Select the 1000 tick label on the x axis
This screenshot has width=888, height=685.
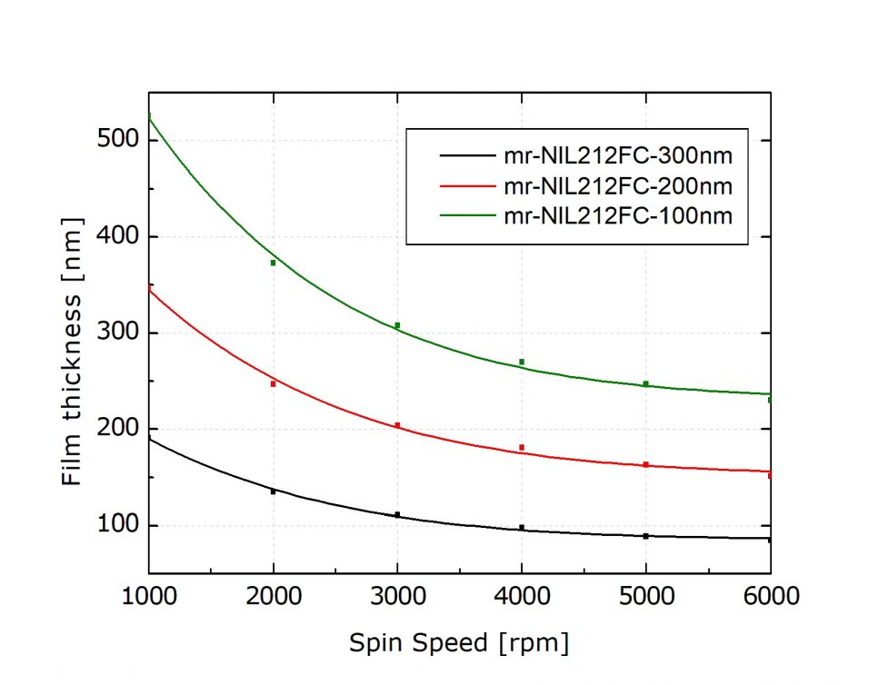(148, 596)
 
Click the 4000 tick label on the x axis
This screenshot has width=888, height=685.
(522, 596)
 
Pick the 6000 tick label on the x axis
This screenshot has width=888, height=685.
(769, 596)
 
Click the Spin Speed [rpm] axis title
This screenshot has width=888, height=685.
(459, 643)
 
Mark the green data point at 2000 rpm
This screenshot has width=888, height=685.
(273, 263)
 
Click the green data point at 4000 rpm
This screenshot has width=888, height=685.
(522, 362)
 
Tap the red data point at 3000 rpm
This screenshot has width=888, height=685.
(397, 425)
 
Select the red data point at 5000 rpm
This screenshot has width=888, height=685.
(646, 464)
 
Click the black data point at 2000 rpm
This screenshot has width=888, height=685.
(273, 491)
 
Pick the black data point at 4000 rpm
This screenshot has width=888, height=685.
(522, 528)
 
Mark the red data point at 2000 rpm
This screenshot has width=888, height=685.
(273, 383)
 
